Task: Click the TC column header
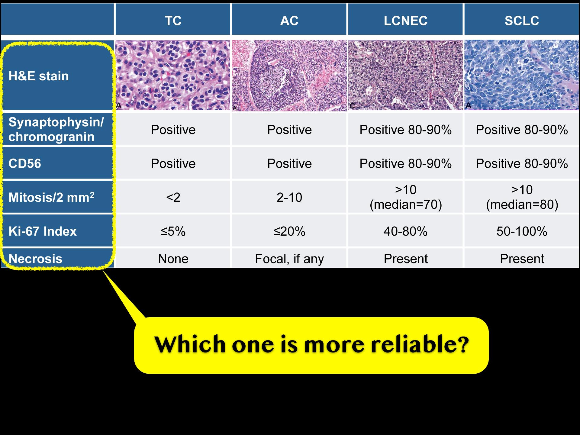click(173, 21)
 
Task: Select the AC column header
click(289, 21)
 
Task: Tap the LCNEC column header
click(405, 21)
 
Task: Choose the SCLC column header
click(522, 21)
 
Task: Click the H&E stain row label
click(39, 76)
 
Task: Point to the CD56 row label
click(25, 163)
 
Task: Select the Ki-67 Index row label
click(43, 231)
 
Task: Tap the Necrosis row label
click(35, 259)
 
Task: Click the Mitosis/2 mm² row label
click(51, 197)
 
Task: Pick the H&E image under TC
click(173, 75)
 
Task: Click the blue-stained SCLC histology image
click(522, 75)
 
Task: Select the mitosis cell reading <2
click(173, 197)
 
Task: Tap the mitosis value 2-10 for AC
click(289, 197)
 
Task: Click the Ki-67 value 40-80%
click(405, 231)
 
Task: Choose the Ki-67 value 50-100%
click(522, 231)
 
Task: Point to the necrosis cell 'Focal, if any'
click(289, 259)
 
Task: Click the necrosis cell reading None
click(173, 259)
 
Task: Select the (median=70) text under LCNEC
click(406, 205)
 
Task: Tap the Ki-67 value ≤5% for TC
click(173, 231)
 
